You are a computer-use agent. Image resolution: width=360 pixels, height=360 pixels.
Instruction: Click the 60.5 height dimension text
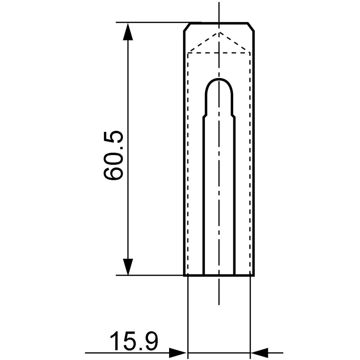pyautogui.click(x=114, y=155)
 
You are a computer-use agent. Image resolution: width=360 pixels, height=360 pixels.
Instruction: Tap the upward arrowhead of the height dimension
pyautogui.click(x=128, y=32)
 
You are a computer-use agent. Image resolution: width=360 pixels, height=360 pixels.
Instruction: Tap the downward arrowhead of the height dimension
pyautogui.click(x=128, y=266)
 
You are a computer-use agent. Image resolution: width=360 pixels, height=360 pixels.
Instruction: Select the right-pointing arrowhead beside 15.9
pyautogui.click(x=178, y=352)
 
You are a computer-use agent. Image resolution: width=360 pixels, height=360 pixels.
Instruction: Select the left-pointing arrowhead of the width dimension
pyautogui.click(x=259, y=352)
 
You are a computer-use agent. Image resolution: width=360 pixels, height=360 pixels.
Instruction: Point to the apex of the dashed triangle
pyautogui.click(x=219, y=32)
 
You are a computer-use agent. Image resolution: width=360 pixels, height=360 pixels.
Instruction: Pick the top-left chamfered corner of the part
pyautogui.click(x=187, y=27)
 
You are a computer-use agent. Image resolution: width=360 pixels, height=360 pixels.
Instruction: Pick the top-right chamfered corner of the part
pyautogui.click(x=251, y=27)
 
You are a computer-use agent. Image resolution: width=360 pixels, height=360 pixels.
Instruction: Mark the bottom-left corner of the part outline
pyautogui.click(x=184, y=275)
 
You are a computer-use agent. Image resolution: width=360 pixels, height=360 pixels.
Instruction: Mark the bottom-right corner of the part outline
pyautogui.click(x=254, y=275)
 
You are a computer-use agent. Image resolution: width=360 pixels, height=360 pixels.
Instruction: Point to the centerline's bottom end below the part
pyautogui.click(x=219, y=304)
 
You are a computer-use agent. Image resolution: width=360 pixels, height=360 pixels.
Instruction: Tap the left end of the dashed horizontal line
pyautogui.click(x=188, y=53)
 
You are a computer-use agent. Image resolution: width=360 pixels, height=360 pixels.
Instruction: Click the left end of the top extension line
pyautogui.click(x=117, y=22)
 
